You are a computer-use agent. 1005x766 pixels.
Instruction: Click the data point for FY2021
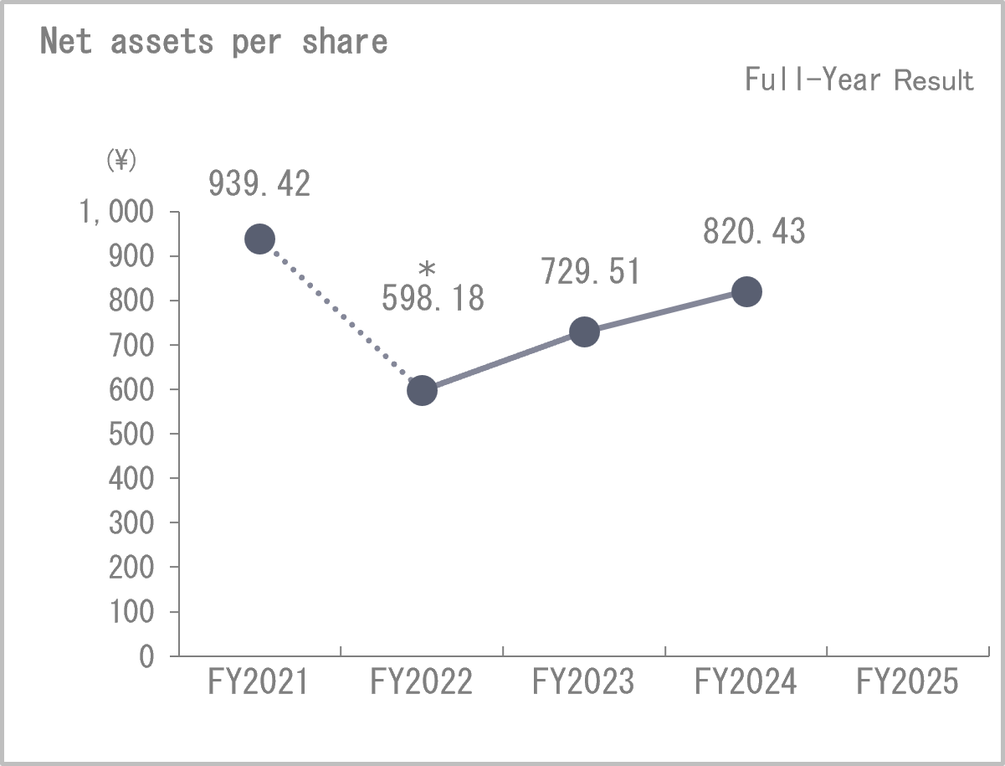[259, 239]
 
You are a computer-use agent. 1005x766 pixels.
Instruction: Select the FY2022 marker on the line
[422, 390]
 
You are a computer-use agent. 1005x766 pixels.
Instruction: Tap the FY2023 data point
[583, 332]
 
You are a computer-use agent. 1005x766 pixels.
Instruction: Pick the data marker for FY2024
[746, 291]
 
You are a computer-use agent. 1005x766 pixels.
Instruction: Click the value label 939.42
[259, 184]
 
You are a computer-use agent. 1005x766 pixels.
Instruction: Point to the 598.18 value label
[433, 299]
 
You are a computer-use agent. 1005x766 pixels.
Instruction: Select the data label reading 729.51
[590, 271]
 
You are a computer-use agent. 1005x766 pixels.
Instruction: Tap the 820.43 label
[753, 231]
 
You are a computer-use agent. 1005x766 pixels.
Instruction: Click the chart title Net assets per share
[214, 41]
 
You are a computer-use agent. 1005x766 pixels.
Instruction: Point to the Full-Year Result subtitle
[859, 80]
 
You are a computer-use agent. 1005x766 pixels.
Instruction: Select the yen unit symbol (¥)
[120, 160]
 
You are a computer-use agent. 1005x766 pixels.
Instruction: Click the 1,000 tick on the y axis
[118, 213]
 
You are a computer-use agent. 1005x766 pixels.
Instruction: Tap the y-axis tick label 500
[131, 434]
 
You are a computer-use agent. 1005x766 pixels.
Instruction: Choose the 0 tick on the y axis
[146, 656]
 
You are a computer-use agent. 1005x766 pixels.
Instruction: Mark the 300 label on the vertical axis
[131, 522]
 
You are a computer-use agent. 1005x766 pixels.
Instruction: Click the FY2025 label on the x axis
[907, 682]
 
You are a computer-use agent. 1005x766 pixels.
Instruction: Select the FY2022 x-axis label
[421, 682]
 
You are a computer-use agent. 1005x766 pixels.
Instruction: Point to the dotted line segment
[341, 315]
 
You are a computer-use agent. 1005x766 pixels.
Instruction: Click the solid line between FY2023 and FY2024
[664, 311]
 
